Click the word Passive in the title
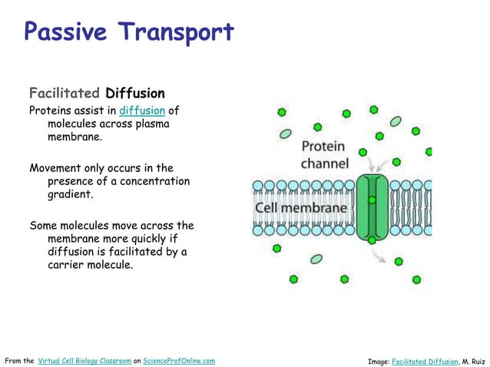pos(65,32)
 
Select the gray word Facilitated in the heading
pos(65,94)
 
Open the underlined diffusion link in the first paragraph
pos(142,110)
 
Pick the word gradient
pos(71,195)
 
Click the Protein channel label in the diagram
pos(324,154)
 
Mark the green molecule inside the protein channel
pos(372,200)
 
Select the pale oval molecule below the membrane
pos(316,259)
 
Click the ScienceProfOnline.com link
pos(179,360)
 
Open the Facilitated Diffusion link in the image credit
pos(425,360)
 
